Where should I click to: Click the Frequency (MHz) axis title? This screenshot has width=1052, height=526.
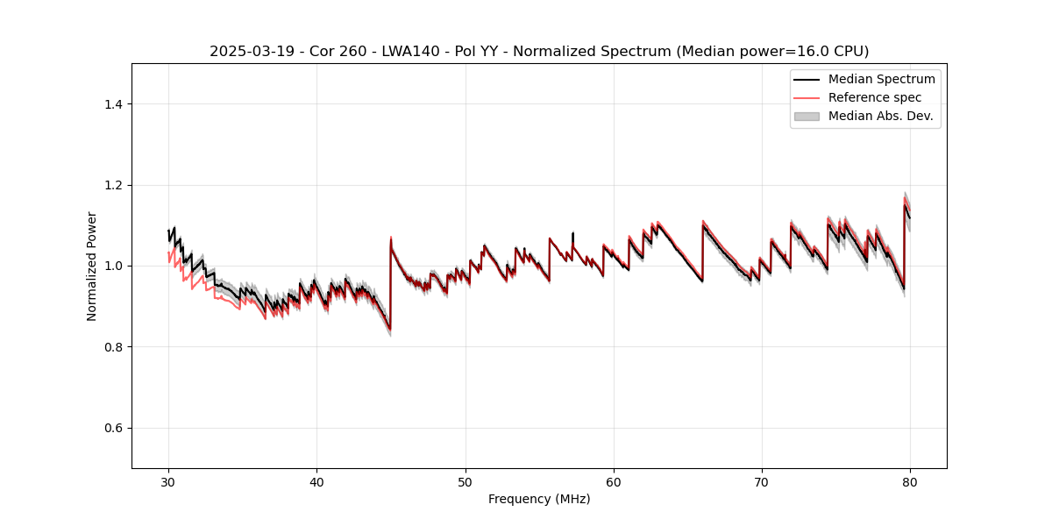click(539, 499)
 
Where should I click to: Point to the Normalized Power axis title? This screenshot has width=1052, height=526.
click(92, 266)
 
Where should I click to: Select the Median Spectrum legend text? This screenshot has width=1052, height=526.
click(881, 79)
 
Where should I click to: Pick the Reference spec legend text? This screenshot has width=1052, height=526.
click(875, 97)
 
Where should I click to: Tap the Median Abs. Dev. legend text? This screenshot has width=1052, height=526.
click(880, 116)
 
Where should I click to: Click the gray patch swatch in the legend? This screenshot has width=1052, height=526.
click(807, 116)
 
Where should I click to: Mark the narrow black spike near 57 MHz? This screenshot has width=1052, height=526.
click(572, 235)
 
